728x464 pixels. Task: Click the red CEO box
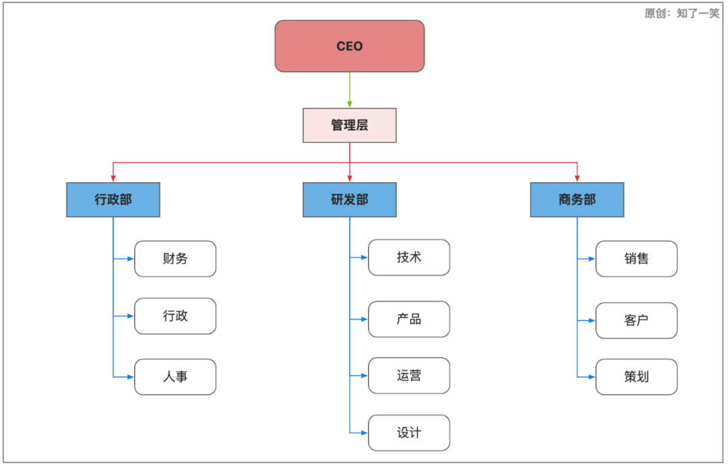point(349,46)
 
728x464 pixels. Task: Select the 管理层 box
point(349,125)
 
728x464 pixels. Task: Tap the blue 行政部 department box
point(113,200)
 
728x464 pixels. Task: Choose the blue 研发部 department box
point(349,200)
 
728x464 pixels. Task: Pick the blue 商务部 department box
point(577,200)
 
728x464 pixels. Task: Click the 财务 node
point(175,259)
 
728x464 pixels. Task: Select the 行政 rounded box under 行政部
point(175,316)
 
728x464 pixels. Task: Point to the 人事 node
point(175,377)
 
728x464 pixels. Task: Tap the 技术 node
point(408,258)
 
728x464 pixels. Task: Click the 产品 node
point(408,319)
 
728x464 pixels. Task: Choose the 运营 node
point(408,376)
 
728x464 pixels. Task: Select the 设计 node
point(408,433)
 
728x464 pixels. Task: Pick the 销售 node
point(636,259)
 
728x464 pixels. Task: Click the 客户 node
point(636,320)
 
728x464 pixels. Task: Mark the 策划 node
point(636,377)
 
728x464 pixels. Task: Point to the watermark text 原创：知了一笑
point(681,13)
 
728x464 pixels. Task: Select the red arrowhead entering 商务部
point(577,178)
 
